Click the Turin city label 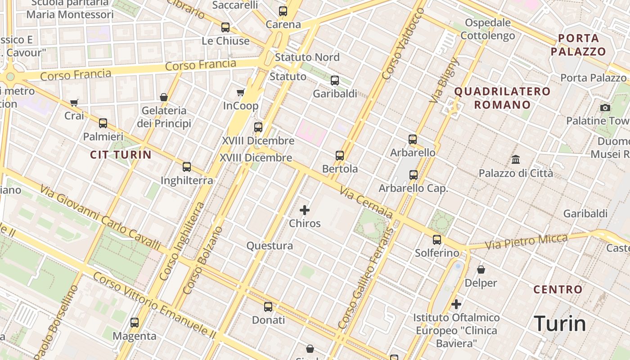coord(560,324)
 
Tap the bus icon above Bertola coord(340,156)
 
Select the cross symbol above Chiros coord(305,210)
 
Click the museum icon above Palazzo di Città coord(516,160)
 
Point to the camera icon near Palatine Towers coord(605,108)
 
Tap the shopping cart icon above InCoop coord(241,93)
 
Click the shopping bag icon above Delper coord(481,270)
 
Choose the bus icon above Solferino coord(437,240)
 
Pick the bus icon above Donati coord(268,307)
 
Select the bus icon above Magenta coord(135,323)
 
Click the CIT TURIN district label coord(121,155)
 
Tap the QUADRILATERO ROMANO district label coord(502,98)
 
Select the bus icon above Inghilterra coord(187,167)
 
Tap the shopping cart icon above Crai coord(74,103)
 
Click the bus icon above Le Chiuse coord(225,27)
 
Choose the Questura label coord(270,246)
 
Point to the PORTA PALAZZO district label coord(578,45)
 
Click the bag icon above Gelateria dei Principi coord(164,97)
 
